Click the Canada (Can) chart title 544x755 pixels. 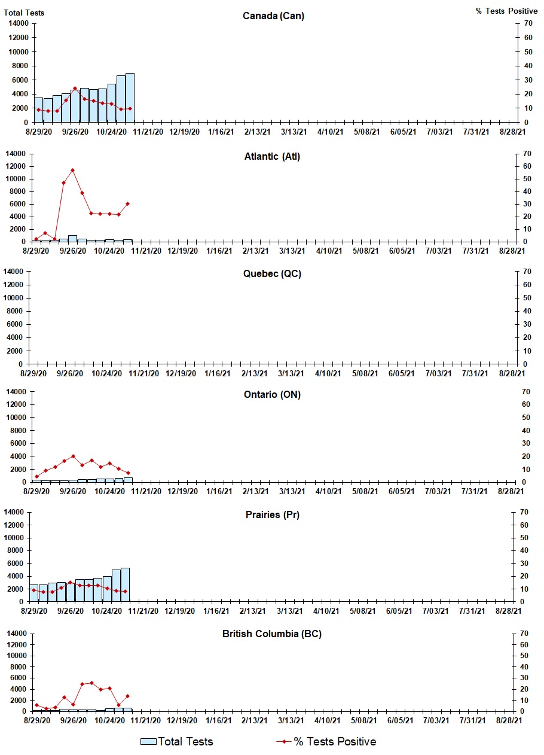pos(273,16)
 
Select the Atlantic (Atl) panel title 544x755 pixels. pos(272,157)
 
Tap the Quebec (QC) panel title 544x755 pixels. pos(272,274)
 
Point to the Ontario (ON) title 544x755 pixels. pos(272,395)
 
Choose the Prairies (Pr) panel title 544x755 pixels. pos(272,515)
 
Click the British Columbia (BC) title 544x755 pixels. pos(272,634)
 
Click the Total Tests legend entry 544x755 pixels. pos(177,742)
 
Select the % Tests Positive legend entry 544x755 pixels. pos(327,742)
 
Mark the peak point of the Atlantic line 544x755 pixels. pos(72,171)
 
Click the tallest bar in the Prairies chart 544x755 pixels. pos(125,584)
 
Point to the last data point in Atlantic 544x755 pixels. pos(127,203)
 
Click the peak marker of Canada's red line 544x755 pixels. pos(75,89)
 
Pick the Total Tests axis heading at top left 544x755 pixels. pos(24,13)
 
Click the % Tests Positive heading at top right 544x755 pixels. pos(506,11)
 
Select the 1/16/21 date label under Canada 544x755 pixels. pos(221,132)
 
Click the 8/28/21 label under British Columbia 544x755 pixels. pos(512,721)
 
